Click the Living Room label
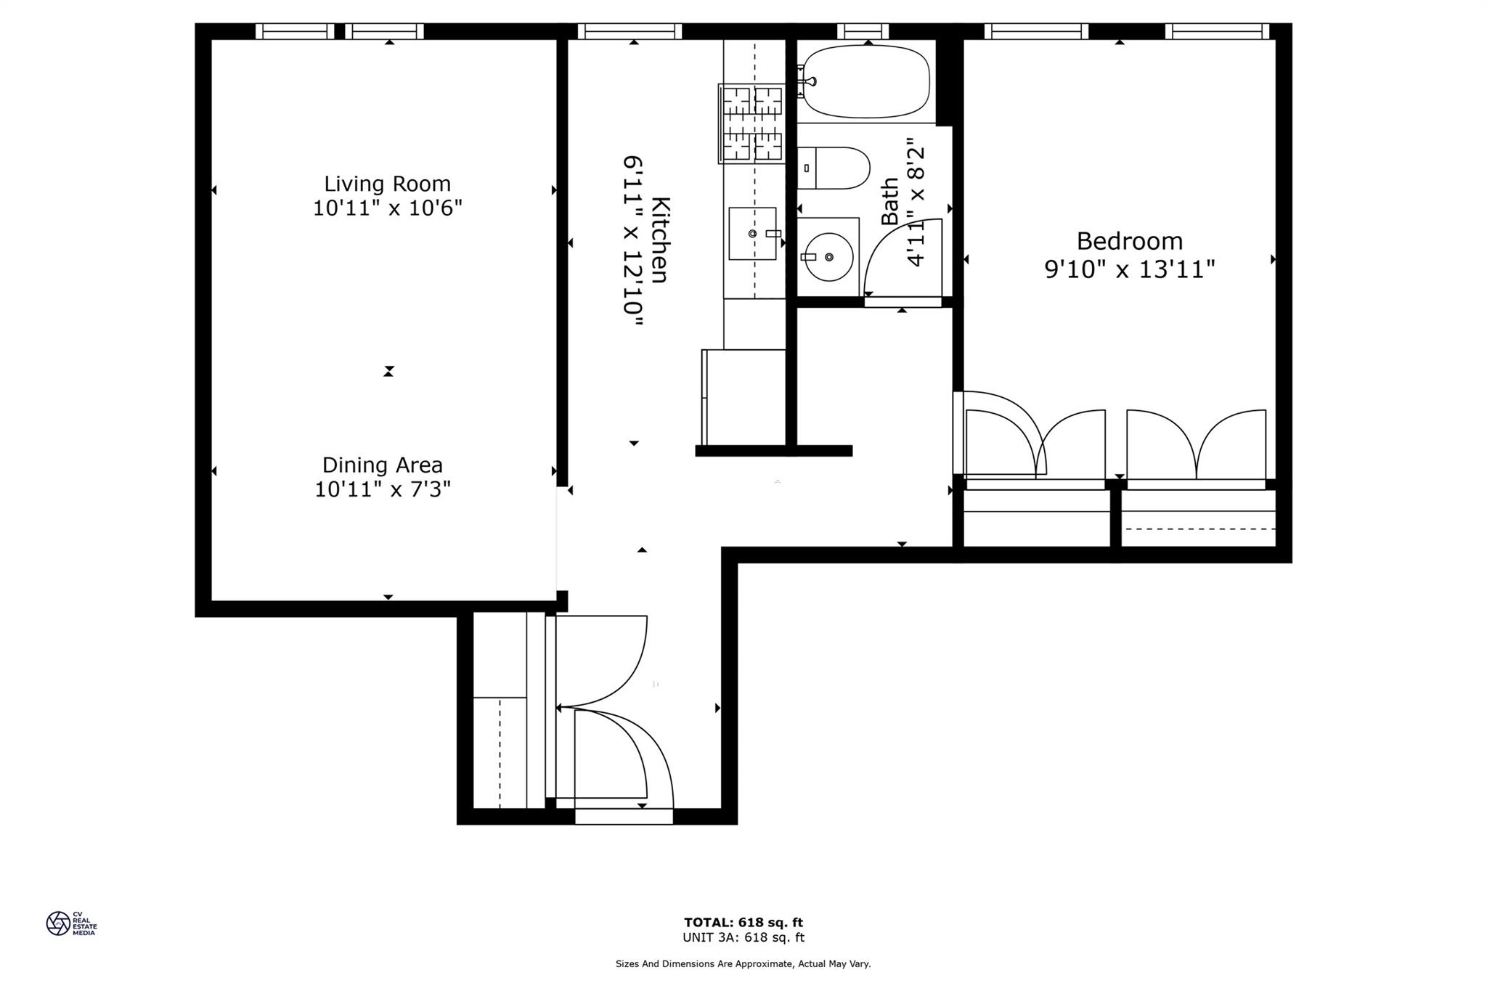coord(387,183)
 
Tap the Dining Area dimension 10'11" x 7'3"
coord(383,489)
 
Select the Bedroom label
coord(1129,240)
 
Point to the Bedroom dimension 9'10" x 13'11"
coord(1129,270)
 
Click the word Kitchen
coord(659,240)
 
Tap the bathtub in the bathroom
coord(866,81)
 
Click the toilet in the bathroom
coord(834,168)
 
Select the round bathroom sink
coord(828,257)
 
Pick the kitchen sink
coord(753,233)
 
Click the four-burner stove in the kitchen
coord(752,123)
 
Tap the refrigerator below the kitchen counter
coord(744,396)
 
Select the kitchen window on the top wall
coord(630,31)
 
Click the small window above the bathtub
coord(863,31)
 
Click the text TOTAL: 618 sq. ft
coord(743,923)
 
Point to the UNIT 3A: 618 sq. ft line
coord(743,937)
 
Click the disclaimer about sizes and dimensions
coord(743,964)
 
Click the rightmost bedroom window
coord(1217,31)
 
